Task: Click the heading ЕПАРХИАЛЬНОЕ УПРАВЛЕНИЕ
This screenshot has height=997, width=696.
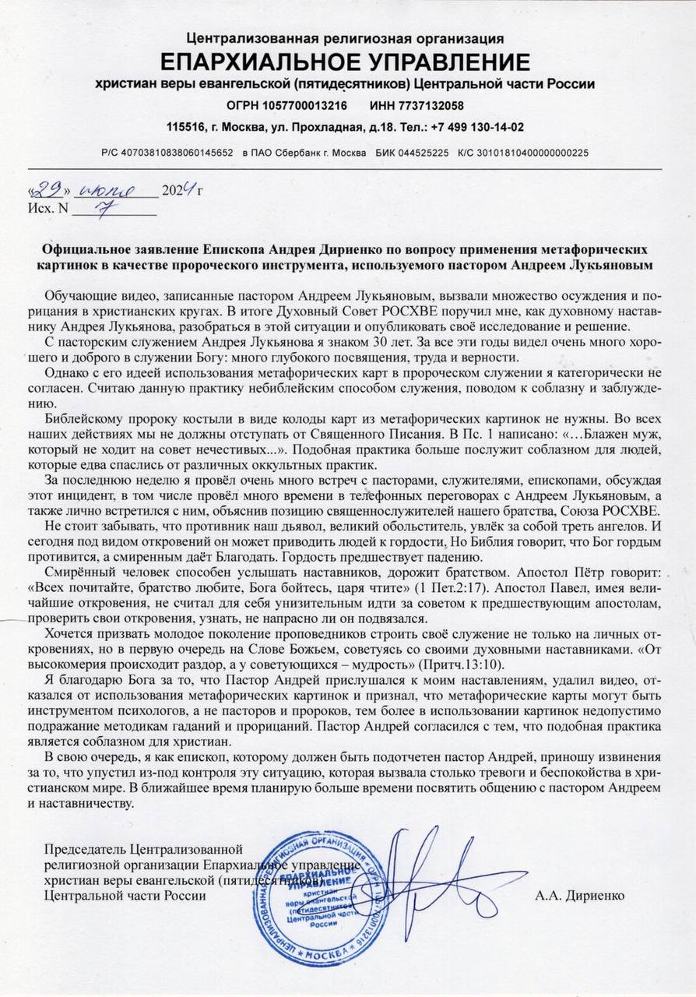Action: tap(345, 62)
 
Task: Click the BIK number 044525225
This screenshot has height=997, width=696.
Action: tap(424, 153)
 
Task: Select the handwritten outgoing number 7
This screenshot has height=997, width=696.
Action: tap(101, 207)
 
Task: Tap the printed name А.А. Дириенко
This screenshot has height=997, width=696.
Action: tap(579, 896)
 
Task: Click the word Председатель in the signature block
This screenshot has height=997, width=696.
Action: tap(86, 849)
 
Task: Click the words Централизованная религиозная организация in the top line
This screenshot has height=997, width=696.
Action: tap(345, 38)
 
